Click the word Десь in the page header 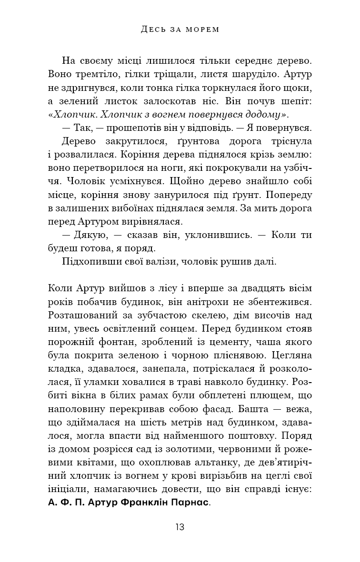coord(152,30)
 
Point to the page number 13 coord(180,527)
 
